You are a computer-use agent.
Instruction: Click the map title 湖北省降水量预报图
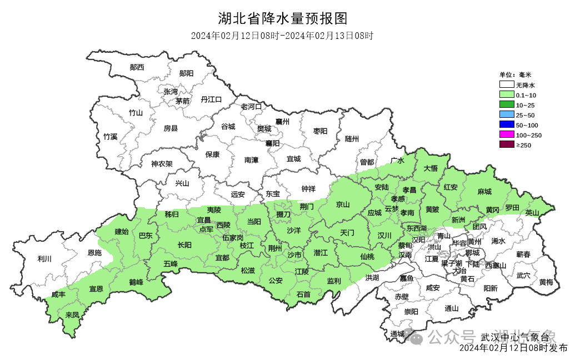283,19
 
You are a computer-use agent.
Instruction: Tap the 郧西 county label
137,67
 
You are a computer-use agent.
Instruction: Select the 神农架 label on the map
162,164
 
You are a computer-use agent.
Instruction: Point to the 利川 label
44,258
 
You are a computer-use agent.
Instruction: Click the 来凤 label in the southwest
72,315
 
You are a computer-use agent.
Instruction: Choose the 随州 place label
352,138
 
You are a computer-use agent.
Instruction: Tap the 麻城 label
484,192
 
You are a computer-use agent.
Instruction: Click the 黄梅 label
546,282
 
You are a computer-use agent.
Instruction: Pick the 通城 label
397,333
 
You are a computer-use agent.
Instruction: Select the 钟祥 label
308,188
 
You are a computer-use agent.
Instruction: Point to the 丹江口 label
211,99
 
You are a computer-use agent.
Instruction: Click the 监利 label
334,281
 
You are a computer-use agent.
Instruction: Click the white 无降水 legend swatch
506,85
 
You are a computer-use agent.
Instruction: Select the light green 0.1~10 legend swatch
506,95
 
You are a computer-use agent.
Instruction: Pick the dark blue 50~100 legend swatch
506,125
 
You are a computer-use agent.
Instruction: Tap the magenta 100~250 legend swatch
506,135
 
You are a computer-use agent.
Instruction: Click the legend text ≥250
524,145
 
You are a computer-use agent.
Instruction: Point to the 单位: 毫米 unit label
515,74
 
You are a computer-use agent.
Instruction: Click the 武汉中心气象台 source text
514,337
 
